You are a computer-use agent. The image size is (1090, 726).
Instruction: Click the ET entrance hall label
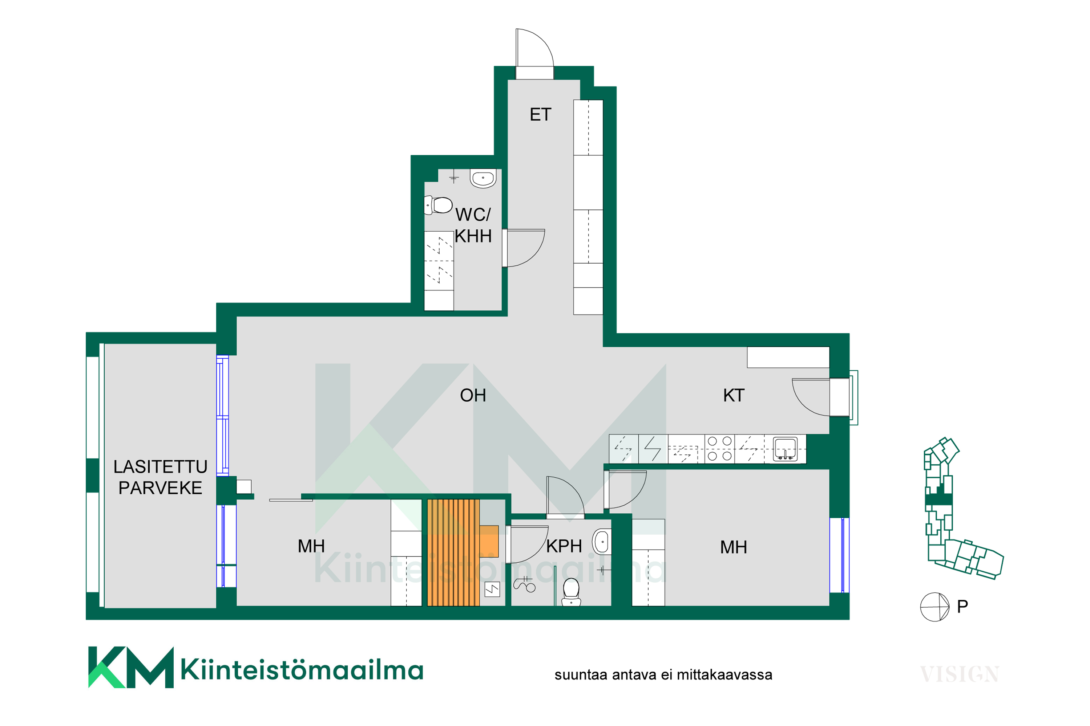coord(540,114)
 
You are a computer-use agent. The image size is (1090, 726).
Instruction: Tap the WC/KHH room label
coord(473,225)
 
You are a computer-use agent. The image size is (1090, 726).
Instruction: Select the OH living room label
coord(473,395)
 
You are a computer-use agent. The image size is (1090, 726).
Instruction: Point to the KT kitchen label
coord(734,395)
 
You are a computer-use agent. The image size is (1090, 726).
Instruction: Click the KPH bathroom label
coord(564,546)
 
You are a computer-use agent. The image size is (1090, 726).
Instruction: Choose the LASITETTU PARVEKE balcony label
coord(160,477)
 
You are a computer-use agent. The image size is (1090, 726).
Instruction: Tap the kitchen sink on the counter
coord(785,449)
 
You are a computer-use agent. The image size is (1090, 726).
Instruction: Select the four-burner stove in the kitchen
coord(720,449)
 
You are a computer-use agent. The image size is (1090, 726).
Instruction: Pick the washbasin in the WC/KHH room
coord(483,178)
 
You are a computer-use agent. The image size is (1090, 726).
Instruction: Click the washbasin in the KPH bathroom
coord(602,541)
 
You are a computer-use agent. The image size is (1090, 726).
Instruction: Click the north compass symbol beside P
coord(935,607)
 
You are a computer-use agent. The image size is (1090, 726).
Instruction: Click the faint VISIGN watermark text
coord(960,674)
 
